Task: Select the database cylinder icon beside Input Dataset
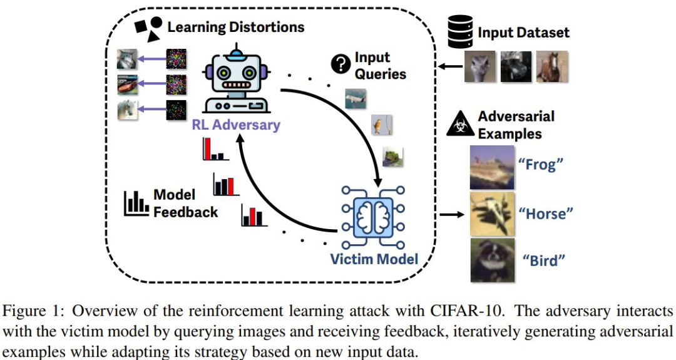pyautogui.click(x=460, y=31)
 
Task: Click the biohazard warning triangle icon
pyautogui.click(x=461, y=123)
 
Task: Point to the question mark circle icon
pyautogui.click(x=341, y=64)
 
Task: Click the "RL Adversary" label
pyautogui.click(x=236, y=125)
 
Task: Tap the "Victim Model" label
pyautogui.click(x=374, y=259)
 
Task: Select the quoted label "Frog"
pyautogui.click(x=541, y=164)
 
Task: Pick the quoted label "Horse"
pyautogui.click(x=545, y=213)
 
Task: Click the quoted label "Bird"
pyautogui.click(x=543, y=260)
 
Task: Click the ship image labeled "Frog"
pyautogui.click(x=492, y=167)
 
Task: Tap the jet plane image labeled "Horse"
pyautogui.click(x=492, y=214)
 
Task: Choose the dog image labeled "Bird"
pyautogui.click(x=492, y=260)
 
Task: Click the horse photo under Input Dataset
pyautogui.click(x=552, y=66)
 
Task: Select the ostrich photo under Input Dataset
pyautogui.click(x=480, y=66)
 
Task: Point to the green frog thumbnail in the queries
pyautogui.click(x=392, y=157)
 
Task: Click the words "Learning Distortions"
pyautogui.click(x=236, y=27)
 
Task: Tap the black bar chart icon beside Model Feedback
pyautogui.click(x=136, y=203)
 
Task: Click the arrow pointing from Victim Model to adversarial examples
pyautogui.click(x=452, y=214)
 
